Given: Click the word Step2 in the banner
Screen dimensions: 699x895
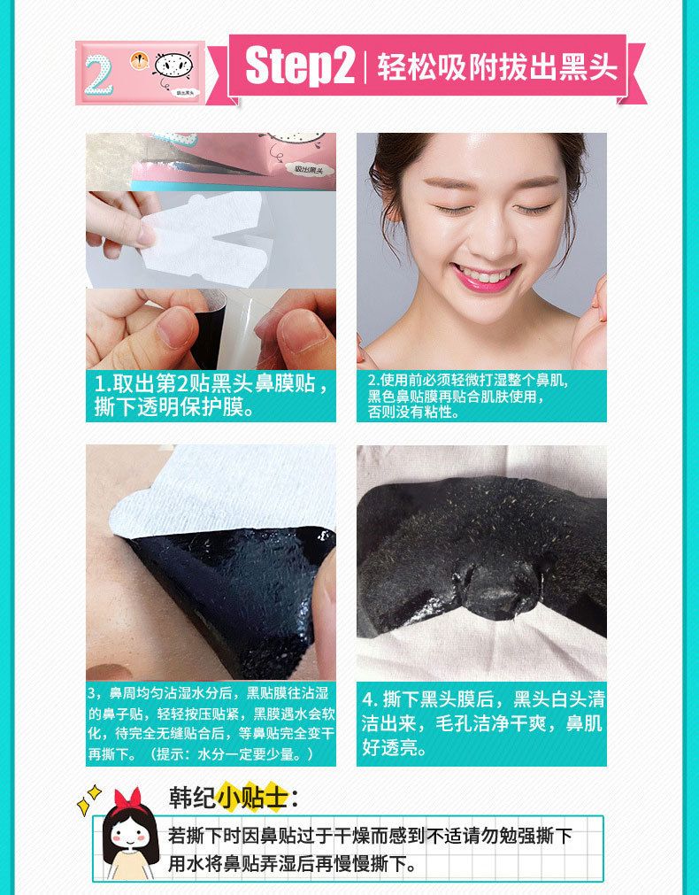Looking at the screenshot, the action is [x=301, y=66].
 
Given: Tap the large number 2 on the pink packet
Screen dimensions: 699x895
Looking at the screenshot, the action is [x=99, y=73].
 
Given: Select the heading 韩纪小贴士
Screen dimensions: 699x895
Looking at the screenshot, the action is [x=234, y=798].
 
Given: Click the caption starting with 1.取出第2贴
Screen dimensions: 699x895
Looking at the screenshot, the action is [x=211, y=395].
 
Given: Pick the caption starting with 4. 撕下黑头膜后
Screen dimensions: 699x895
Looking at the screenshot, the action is [x=483, y=723].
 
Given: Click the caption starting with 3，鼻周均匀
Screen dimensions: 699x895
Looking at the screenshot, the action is [x=211, y=723].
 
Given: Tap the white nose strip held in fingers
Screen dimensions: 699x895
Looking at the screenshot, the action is [x=205, y=239].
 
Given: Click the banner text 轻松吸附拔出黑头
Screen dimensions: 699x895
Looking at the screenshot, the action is [x=496, y=66].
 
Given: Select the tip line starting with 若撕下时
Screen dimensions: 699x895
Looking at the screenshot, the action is [x=370, y=836].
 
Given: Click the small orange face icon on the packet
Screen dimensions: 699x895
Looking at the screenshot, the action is [x=139, y=60].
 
